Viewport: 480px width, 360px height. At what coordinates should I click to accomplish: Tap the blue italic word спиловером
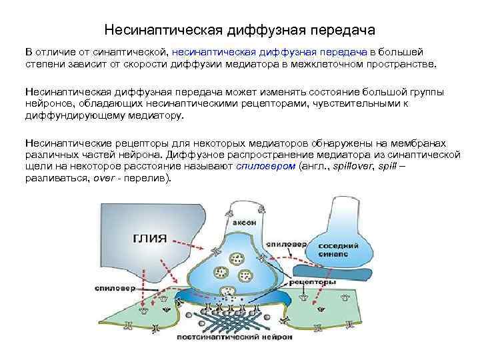click(265, 167)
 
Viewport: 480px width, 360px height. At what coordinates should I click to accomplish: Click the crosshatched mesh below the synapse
click(233, 320)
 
